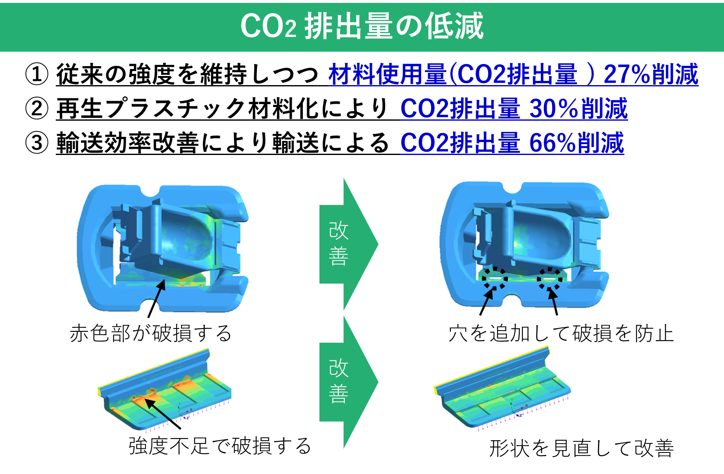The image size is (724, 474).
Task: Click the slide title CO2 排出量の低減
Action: (362, 26)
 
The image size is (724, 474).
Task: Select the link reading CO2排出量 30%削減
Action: (514, 109)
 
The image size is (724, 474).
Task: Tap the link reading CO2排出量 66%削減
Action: (512, 143)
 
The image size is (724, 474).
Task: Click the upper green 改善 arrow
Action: (347, 244)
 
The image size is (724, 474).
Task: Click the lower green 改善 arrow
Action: (347, 381)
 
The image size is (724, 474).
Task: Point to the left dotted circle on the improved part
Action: (495, 279)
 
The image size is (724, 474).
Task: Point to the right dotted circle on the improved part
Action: (550, 279)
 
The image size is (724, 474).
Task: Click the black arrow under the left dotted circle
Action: (488, 299)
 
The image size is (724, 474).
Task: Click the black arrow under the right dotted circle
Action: (553, 299)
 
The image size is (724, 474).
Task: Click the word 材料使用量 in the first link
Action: (387, 74)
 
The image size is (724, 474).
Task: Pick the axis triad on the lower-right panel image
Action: (517, 409)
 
